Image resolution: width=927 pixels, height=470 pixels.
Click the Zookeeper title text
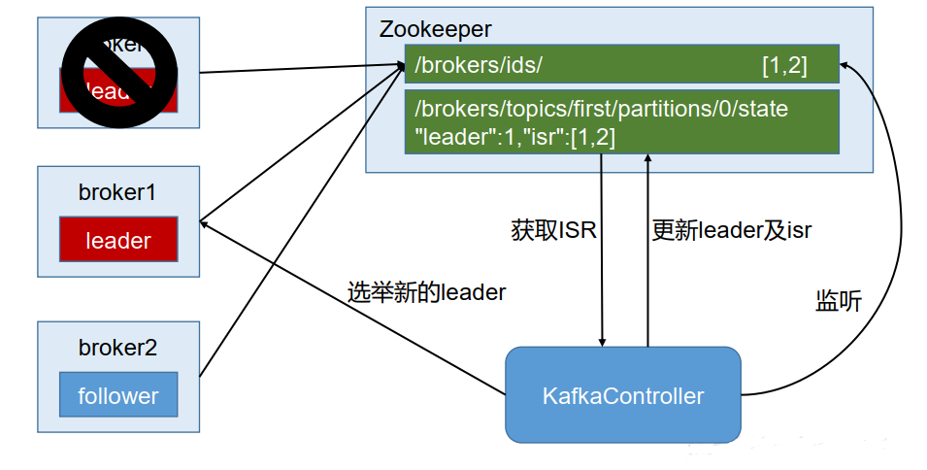(x=437, y=28)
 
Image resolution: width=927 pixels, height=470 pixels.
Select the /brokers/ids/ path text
(x=478, y=66)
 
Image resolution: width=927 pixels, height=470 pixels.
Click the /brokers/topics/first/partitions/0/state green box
(x=621, y=121)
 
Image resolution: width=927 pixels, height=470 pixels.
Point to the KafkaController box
(x=622, y=395)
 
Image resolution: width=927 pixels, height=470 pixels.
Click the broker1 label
(x=117, y=192)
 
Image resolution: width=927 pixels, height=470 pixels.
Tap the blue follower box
(x=118, y=396)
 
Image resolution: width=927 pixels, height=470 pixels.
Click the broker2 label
(x=117, y=348)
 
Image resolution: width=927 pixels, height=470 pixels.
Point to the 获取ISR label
(x=553, y=230)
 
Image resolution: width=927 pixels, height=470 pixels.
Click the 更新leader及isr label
(x=732, y=230)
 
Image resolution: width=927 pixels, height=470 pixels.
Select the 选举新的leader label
(x=427, y=291)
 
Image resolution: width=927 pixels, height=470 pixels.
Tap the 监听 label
(x=838, y=301)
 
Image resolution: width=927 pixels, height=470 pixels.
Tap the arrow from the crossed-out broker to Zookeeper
(x=301, y=69)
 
